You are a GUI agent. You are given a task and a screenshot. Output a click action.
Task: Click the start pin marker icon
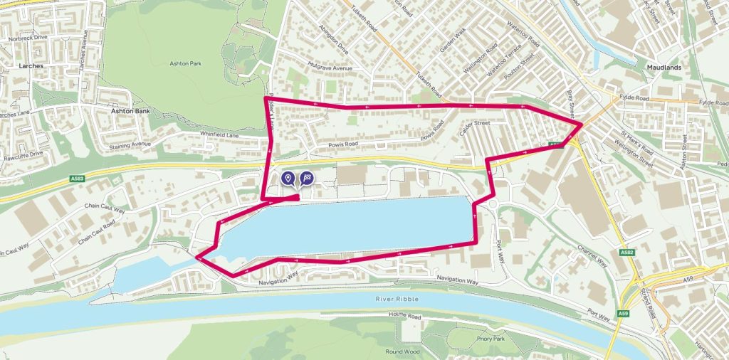(x=288, y=178)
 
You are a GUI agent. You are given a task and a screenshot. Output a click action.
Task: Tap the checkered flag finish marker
(x=306, y=178)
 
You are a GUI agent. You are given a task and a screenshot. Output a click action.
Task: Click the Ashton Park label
(x=185, y=64)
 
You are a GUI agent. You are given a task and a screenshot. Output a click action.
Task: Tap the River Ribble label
(x=393, y=298)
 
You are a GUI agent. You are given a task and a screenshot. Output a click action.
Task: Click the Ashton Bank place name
(x=128, y=111)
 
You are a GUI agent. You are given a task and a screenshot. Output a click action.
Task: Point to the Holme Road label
(x=406, y=314)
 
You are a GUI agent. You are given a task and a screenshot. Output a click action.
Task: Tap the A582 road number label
(x=626, y=252)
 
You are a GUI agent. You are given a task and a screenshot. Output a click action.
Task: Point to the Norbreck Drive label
(x=28, y=38)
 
